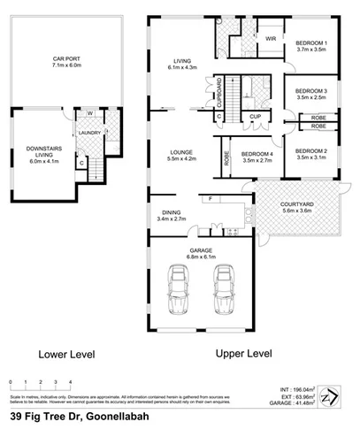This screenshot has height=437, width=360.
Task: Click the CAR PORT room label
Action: (66, 61)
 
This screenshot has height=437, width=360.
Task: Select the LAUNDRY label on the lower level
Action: (90, 134)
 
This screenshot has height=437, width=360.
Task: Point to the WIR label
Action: (270, 39)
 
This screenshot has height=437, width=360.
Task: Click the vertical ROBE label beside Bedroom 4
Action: (226, 157)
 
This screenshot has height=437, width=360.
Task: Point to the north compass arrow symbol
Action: (329, 395)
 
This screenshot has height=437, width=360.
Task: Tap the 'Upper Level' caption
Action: (243, 353)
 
